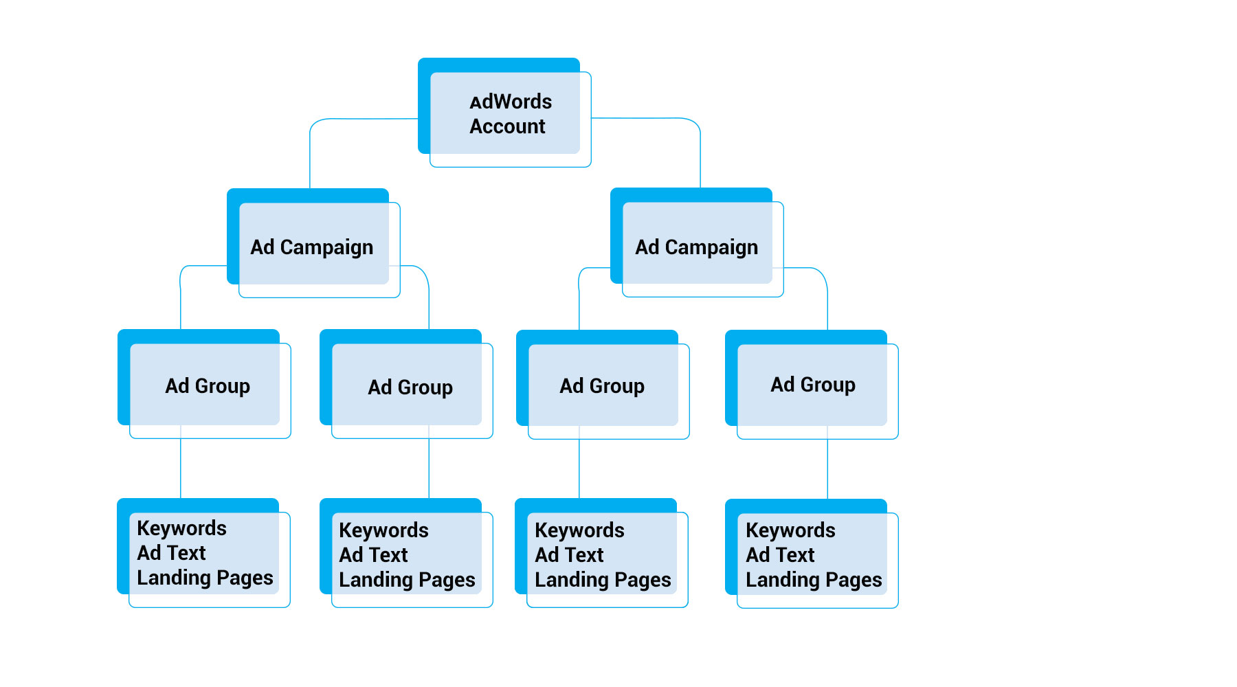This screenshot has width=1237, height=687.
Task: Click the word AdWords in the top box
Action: click(x=511, y=102)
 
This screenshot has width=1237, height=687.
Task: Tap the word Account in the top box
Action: click(x=507, y=126)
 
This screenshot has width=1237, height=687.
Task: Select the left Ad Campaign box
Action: click(x=312, y=247)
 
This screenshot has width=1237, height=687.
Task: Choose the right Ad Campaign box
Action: click(x=696, y=247)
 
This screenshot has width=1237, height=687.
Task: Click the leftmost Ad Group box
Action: click(x=207, y=385)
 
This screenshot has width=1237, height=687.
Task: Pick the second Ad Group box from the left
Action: click(x=410, y=387)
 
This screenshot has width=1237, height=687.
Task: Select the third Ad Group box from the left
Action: click(x=601, y=385)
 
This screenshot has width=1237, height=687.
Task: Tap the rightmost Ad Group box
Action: click(x=812, y=384)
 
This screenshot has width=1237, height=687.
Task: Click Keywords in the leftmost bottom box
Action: click(x=181, y=528)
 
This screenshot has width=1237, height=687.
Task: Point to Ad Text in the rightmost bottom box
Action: click(x=780, y=554)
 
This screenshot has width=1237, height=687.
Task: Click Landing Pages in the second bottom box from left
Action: click(x=407, y=580)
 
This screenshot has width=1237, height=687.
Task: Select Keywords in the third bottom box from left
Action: click(x=579, y=530)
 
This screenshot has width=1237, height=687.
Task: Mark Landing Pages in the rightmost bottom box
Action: click(x=814, y=580)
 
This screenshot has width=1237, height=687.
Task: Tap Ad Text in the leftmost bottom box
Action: click(x=171, y=552)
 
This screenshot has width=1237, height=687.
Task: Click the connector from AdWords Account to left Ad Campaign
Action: click(x=311, y=151)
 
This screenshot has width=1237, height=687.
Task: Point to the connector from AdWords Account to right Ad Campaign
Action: click(x=700, y=151)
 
